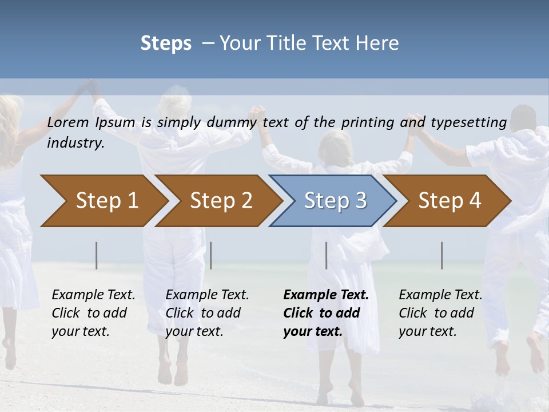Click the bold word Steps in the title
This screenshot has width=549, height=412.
pos(166,43)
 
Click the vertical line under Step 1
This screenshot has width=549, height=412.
pos(97,255)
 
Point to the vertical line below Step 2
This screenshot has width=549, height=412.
pos(211,255)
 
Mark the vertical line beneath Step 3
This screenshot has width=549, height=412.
pos(326,255)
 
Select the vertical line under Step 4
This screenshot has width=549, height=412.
pos(442,255)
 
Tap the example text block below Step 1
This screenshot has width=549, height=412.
pos(93,313)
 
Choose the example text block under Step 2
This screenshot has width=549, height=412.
pos(207,313)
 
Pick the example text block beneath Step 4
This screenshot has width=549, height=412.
pos(440,313)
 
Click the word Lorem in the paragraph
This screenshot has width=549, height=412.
pos(68,122)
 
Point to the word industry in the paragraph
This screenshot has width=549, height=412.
pos(75,143)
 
